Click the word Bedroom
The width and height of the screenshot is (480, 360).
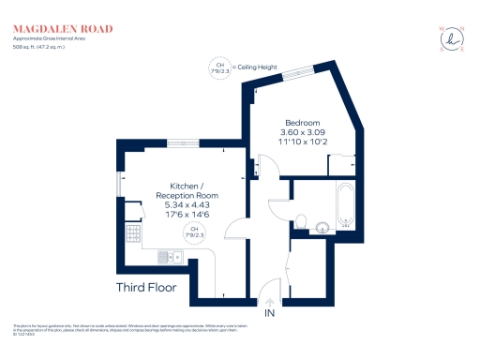pos(301,123)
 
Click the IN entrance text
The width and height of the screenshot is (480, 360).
pos(270,312)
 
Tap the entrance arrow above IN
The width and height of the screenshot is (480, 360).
pos(270,300)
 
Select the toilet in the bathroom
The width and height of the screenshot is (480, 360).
pos(301,221)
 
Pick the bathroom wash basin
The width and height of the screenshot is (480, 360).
pos(322,225)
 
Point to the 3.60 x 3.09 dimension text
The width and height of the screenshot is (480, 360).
pos(301,133)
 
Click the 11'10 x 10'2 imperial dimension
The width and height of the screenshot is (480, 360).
pos(301,143)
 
